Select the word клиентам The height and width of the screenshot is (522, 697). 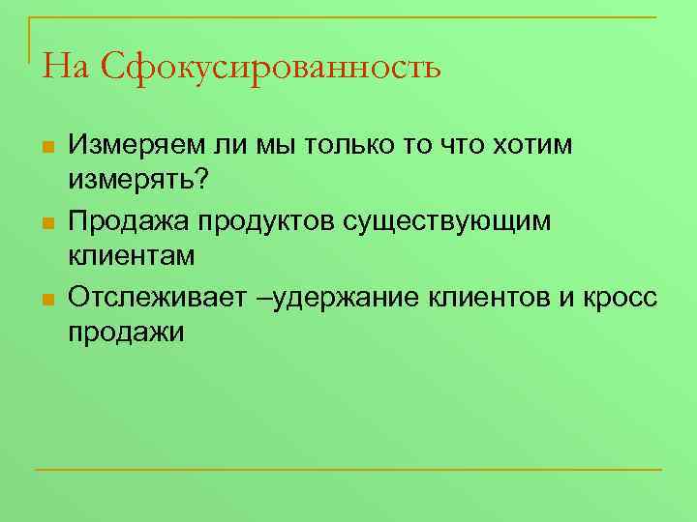tap(132, 256)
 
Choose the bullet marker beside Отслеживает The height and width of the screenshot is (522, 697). tap(46, 299)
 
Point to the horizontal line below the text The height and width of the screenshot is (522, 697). tap(348, 470)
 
